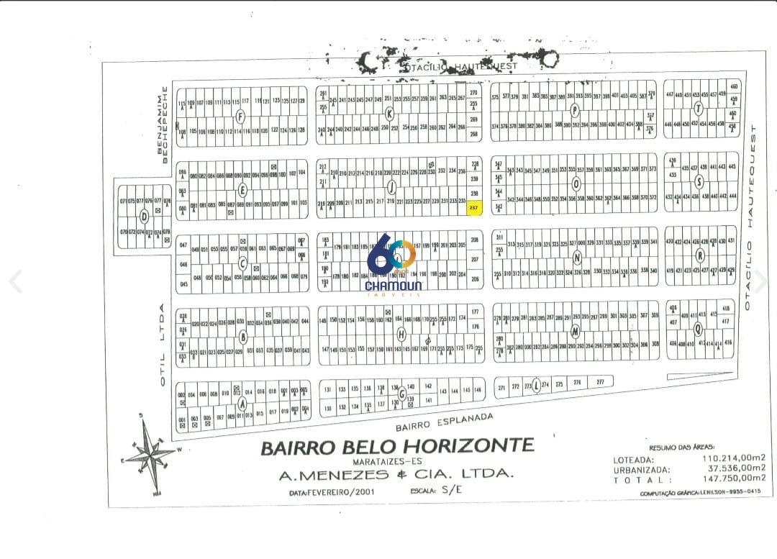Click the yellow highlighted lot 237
(473, 208)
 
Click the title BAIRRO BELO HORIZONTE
(397, 446)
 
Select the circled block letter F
(240, 117)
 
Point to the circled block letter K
(389, 113)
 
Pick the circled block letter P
(574, 110)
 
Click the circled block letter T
(698, 109)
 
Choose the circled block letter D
(145, 217)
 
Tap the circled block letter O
(576, 183)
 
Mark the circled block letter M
(575, 332)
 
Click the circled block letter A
(242, 404)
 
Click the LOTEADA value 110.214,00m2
(730, 458)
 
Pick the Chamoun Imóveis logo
(394, 265)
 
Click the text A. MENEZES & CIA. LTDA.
(396, 474)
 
